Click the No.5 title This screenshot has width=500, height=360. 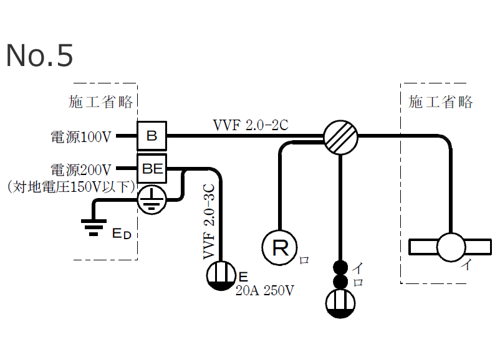(x=39, y=56)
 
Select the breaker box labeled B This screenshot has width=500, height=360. (x=151, y=135)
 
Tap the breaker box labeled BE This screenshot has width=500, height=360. (x=151, y=168)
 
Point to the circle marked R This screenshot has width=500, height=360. (x=280, y=249)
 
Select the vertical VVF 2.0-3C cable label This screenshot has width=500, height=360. (x=209, y=222)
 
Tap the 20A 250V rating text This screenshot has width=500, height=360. (x=264, y=290)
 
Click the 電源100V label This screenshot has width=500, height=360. (x=81, y=135)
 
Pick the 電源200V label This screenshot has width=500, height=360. (x=81, y=169)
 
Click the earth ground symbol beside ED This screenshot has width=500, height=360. (x=93, y=227)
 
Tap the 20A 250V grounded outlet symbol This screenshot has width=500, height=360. (x=220, y=277)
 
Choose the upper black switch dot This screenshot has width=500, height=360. (x=340, y=267)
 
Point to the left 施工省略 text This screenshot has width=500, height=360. (x=101, y=102)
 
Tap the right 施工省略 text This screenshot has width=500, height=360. (x=441, y=102)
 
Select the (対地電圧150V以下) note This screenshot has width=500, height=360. (x=71, y=186)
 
